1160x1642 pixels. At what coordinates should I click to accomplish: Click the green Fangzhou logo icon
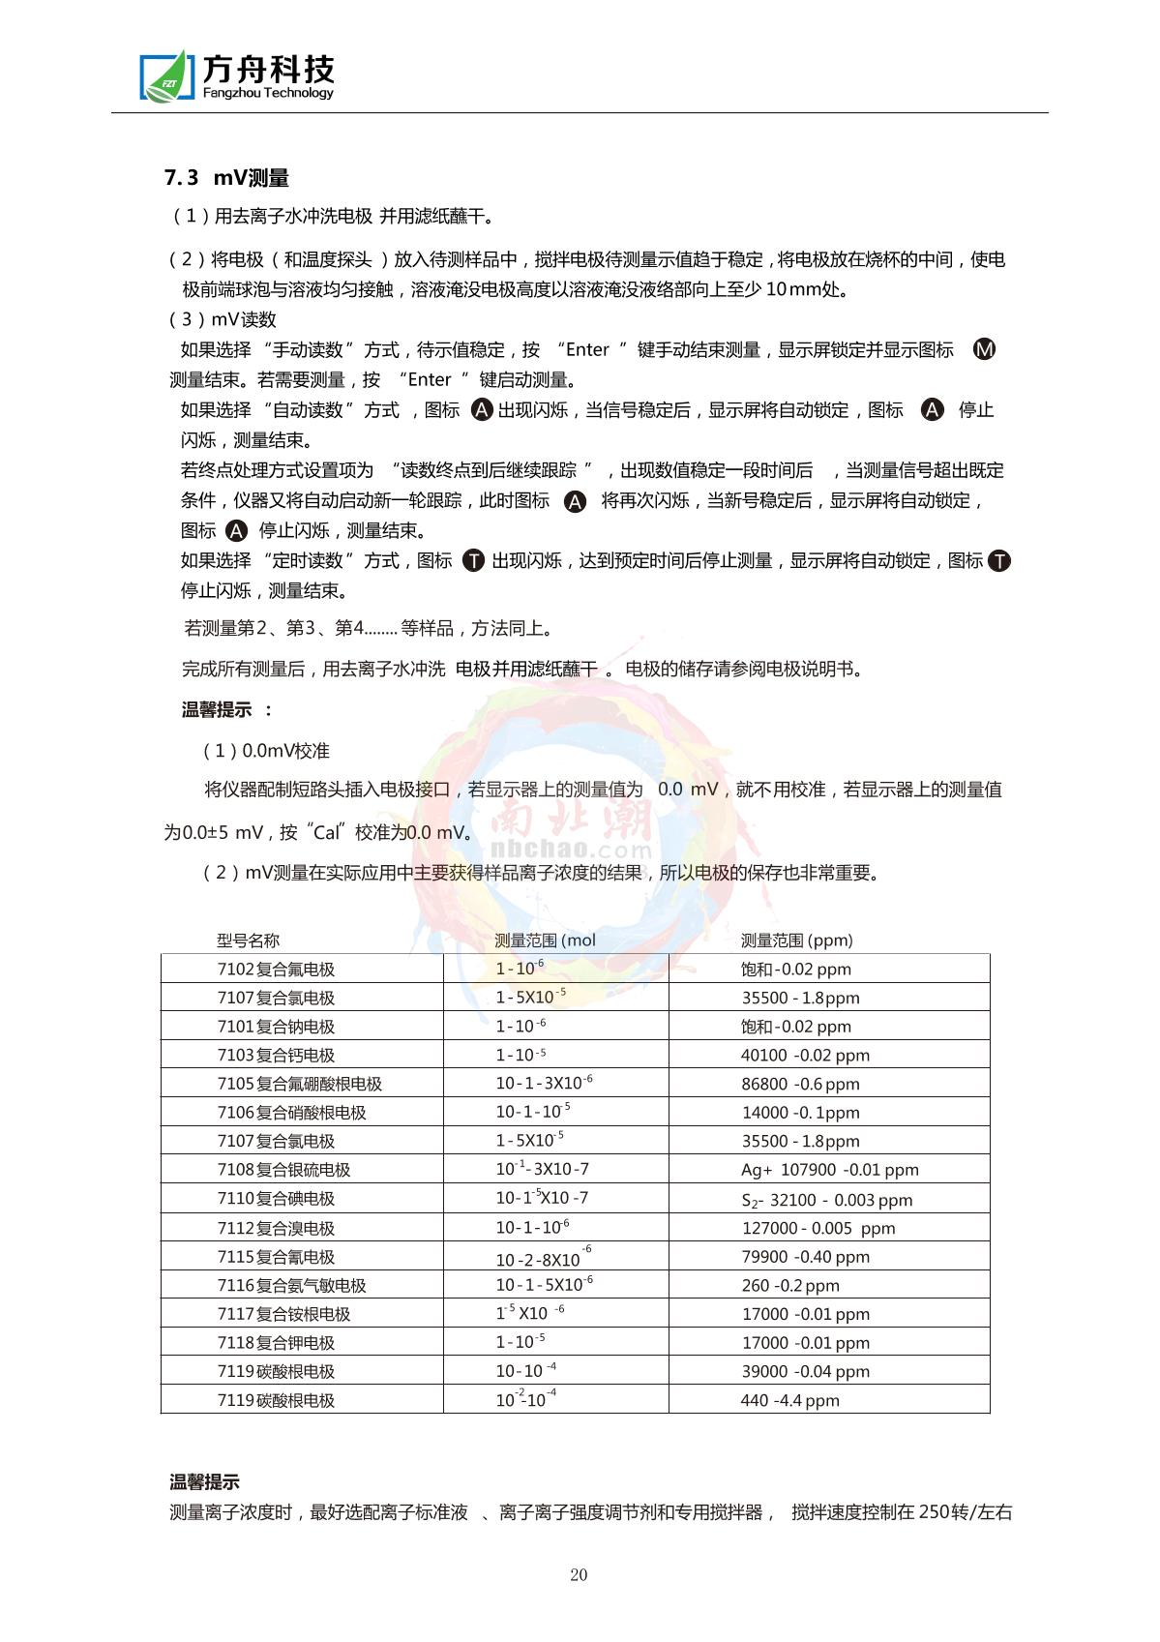point(165,75)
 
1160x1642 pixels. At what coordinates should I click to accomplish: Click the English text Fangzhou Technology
point(268,93)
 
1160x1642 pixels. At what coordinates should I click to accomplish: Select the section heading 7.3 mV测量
point(227,178)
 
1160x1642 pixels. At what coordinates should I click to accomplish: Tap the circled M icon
point(984,349)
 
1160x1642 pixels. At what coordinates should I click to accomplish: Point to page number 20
point(579,1574)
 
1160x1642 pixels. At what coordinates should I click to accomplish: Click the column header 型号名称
point(248,940)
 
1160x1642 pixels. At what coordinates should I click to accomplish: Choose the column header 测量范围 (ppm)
point(797,940)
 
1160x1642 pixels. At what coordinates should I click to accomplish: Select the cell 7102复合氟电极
point(276,970)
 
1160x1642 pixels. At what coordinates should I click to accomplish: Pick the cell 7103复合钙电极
point(276,1056)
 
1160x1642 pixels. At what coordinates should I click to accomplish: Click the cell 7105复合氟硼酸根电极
point(299,1084)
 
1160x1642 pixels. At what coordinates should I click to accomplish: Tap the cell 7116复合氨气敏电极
point(291,1286)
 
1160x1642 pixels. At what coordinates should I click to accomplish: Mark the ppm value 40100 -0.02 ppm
point(805,1056)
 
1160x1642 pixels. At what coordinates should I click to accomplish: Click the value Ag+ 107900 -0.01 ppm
point(829,1170)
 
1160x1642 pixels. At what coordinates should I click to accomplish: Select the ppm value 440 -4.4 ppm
point(789,1400)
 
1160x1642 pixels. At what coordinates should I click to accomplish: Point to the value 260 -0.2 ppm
point(789,1286)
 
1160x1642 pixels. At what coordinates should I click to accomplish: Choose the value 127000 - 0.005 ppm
point(818,1229)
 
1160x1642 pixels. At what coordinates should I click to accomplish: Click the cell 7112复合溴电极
point(276,1229)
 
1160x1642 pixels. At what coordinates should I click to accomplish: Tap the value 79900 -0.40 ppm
point(805,1257)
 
